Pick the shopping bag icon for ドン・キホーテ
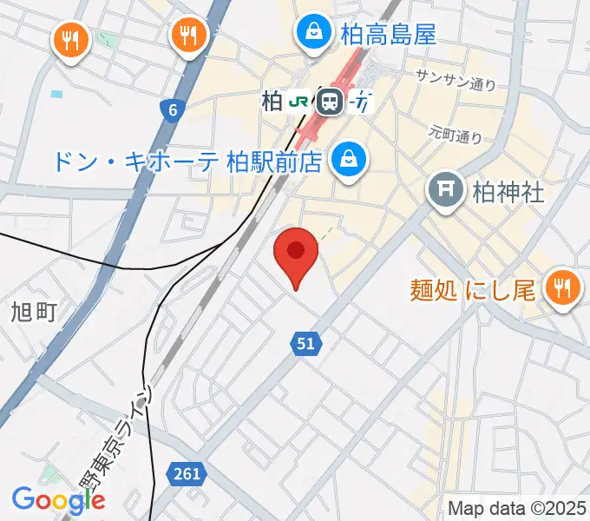[348, 159]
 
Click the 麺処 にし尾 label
[473, 290]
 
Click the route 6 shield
[173, 109]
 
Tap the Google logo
[58, 499]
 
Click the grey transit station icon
[329, 102]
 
